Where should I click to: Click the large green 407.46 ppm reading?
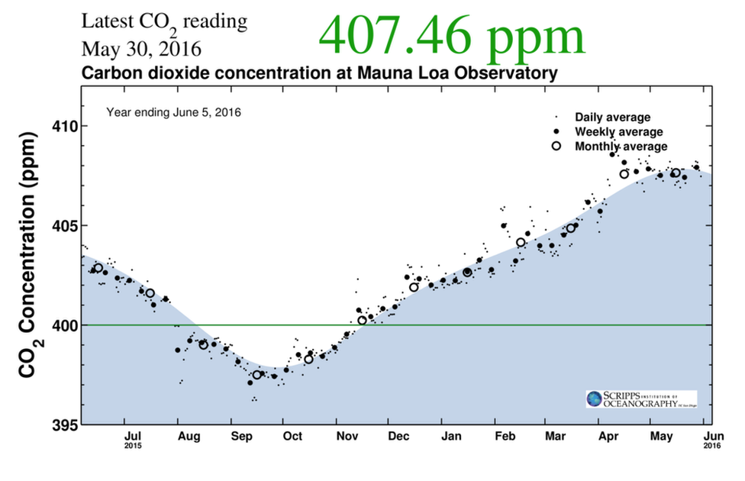coord(451,34)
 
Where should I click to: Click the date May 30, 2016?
coord(141,50)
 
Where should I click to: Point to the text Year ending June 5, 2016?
coord(173,112)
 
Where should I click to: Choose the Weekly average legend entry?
coord(618,132)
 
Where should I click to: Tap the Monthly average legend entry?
coord(621,147)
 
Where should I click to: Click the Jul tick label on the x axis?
coord(134,437)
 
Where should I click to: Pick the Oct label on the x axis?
coord(292,437)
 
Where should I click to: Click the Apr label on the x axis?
coord(608,437)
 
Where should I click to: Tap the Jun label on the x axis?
coord(712,437)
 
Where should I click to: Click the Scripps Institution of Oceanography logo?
coord(640,399)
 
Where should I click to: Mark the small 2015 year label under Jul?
coord(134,446)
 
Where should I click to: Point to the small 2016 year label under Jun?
coord(712,446)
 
